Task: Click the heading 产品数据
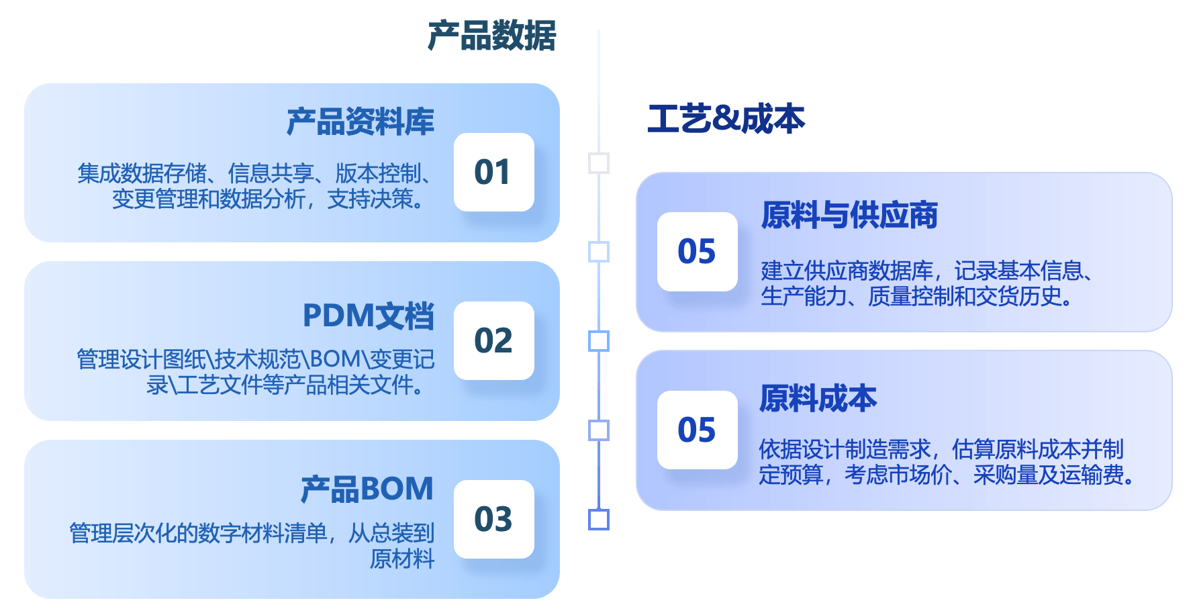492,36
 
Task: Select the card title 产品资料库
361,122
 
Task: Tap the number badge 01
493,173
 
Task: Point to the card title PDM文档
368,316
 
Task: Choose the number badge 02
493,341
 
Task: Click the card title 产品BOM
367,489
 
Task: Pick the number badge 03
493,519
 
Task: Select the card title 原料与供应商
849,216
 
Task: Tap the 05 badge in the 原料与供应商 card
697,252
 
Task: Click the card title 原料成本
818,398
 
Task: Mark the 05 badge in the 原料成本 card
697,430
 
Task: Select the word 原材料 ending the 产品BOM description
402,559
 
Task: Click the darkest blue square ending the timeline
598,520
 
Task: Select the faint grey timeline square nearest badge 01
598,163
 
